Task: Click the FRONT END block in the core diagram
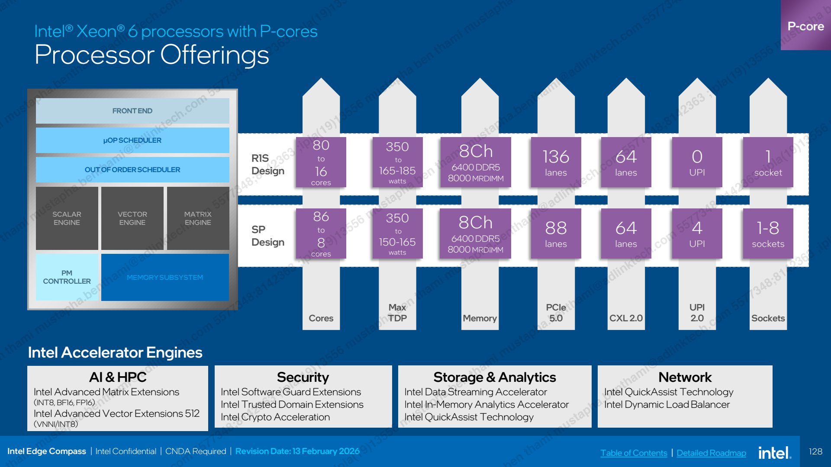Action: [132, 111]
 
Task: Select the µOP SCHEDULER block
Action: [132, 140]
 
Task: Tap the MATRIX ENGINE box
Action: [198, 218]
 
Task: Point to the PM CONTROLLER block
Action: [67, 277]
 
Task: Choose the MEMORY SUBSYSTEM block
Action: [165, 277]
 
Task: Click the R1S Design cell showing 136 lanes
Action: [556, 162]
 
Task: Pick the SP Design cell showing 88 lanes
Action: [556, 233]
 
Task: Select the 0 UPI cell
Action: [697, 162]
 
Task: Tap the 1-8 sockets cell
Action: [768, 233]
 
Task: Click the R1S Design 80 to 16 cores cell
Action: [321, 162]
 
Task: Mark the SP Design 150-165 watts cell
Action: [397, 233]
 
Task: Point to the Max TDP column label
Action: [397, 313]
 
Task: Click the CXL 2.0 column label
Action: [626, 318]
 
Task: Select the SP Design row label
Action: [268, 236]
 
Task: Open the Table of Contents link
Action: [634, 453]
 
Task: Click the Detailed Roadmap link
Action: [711, 453]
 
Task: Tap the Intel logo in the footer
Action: [775, 452]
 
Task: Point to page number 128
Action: [815, 451]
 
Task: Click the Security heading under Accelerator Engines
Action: [303, 377]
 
